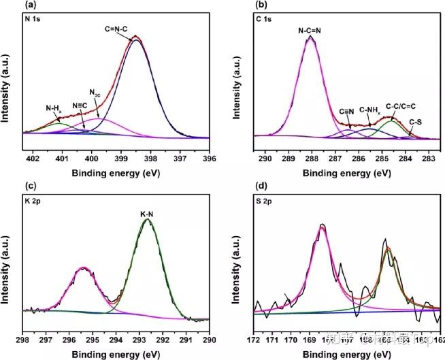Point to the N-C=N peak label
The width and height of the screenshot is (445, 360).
point(311,30)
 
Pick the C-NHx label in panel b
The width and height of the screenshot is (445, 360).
point(371,110)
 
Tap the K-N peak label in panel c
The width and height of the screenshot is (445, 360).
point(150,214)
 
